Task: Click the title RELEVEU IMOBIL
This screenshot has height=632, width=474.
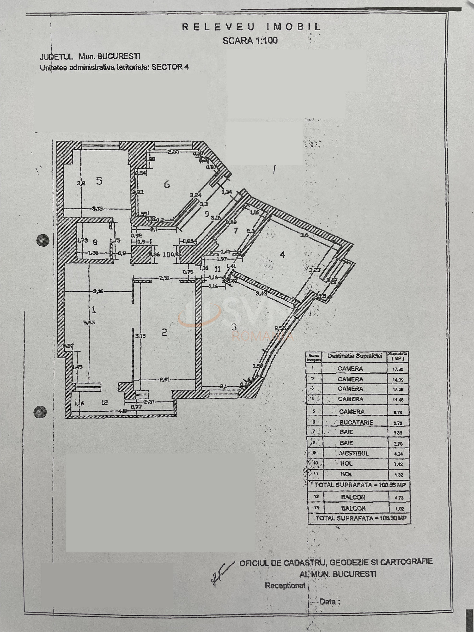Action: (x=251, y=27)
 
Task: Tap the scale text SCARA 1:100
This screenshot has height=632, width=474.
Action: (x=250, y=41)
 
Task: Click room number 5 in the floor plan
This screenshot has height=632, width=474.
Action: (x=99, y=181)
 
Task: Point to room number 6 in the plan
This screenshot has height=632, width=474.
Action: (x=167, y=184)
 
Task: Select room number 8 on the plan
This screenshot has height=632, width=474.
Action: (x=95, y=242)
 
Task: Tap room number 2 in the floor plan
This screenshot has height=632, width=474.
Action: (x=164, y=332)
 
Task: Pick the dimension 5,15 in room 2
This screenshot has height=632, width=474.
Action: (x=140, y=336)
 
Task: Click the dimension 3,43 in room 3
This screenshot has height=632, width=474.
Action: (x=261, y=293)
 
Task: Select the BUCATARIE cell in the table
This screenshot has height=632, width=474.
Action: (x=356, y=422)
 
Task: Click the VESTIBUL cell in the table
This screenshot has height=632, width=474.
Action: (x=354, y=453)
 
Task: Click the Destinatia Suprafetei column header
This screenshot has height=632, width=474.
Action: (x=355, y=356)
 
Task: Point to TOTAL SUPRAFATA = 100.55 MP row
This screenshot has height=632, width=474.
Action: (x=360, y=485)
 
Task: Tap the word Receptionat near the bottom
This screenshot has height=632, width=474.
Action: (x=285, y=585)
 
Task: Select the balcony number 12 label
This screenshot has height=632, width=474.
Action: (x=104, y=402)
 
